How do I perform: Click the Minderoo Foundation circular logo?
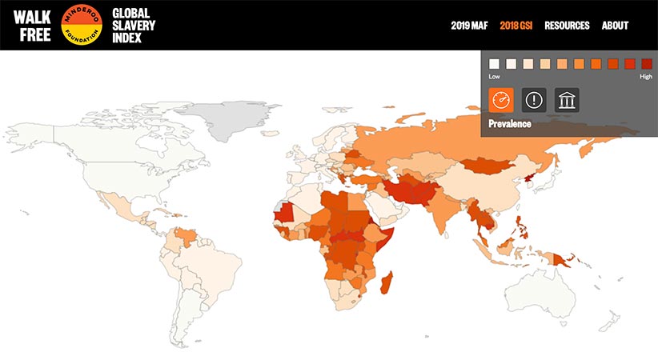[81, 25]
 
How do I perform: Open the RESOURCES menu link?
[567, 26]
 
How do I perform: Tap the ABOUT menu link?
[615, 26]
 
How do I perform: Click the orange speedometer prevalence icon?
[501, 100]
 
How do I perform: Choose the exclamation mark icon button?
[534, 100]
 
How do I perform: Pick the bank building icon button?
[567, 100]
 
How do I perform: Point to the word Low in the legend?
[495, 77]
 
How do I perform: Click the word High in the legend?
[645, 77]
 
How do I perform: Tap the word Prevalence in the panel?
[510, 124]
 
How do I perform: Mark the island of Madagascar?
[387, 283]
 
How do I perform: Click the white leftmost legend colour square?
[494, 63]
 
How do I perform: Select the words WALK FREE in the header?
[32, 25]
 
